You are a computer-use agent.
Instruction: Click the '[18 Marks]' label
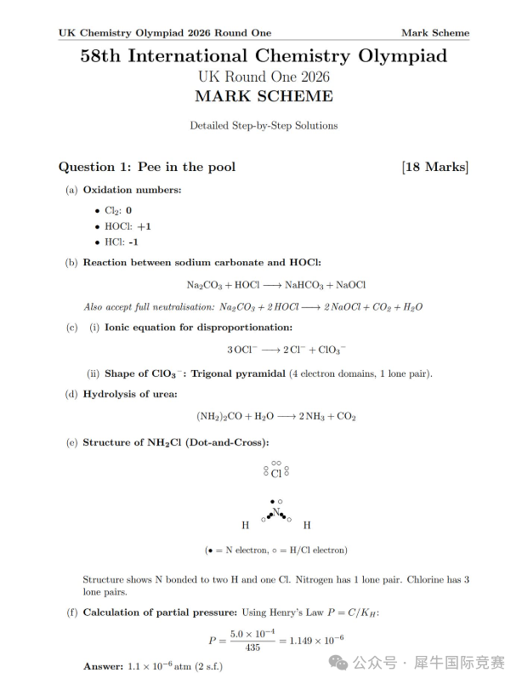tap(434, 167)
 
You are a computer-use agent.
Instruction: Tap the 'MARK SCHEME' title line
tap(264, 95)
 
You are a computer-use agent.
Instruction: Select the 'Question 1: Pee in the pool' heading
tap(147, 167)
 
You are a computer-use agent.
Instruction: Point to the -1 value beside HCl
tap(133, 242)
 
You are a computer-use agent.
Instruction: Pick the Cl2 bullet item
tap(117, 210)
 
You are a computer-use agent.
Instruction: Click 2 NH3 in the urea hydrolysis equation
tap(312, 417)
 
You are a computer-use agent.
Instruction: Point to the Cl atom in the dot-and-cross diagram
tap(275, 473)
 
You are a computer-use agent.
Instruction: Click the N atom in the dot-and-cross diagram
tap(275, 511)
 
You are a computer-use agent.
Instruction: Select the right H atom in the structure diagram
tap(307, 526)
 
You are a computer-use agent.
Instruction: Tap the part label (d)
tap(71, 394)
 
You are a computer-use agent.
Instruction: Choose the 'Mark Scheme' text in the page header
tap(434, 33)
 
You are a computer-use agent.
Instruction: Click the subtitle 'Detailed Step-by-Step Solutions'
tap(264, 125)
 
